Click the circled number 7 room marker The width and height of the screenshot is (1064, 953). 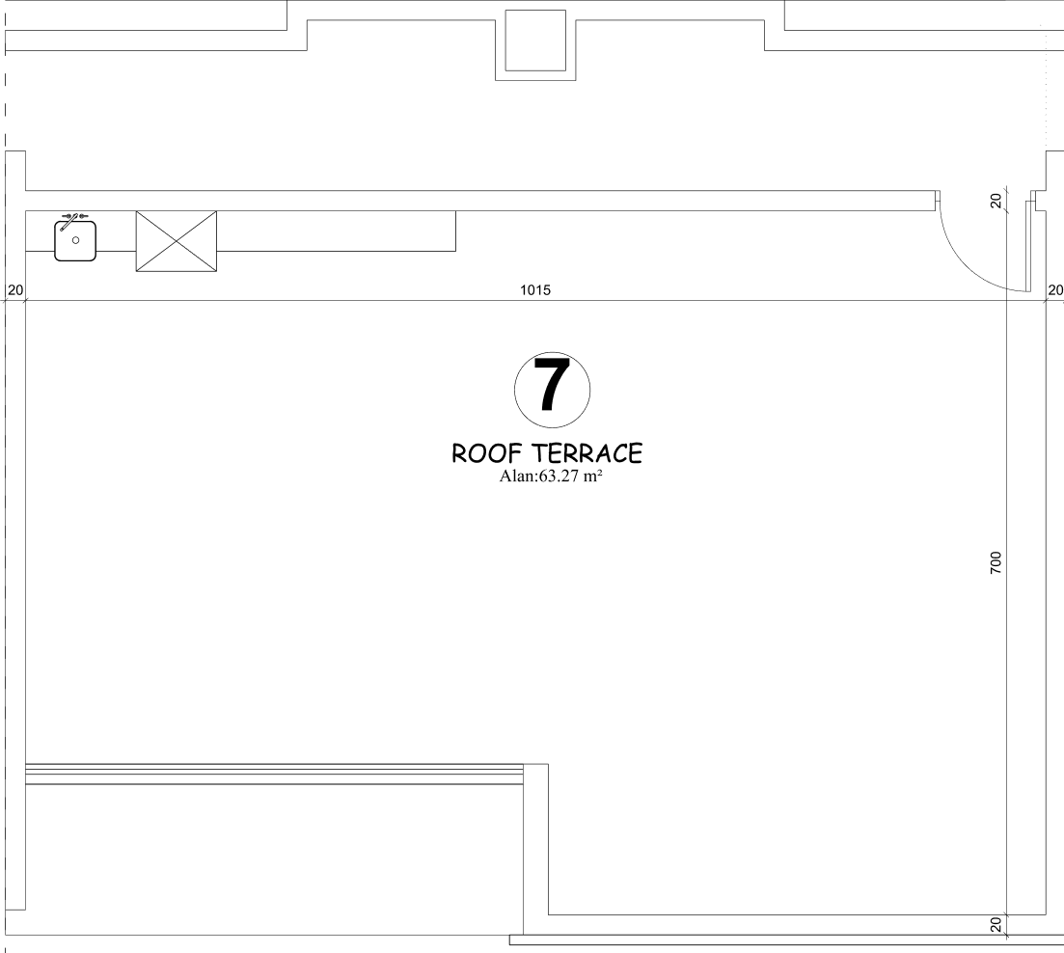click(552, 390)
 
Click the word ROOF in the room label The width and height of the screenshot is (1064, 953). click(481, 453)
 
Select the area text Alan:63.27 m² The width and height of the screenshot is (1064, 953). click(551, 476)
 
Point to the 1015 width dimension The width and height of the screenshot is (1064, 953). click(535, 290)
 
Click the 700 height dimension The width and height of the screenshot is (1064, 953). click(996, 563)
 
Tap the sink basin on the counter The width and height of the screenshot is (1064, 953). click(75, 240)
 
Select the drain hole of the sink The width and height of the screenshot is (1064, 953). click(75, 240)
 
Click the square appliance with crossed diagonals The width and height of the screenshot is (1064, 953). click(177, 241)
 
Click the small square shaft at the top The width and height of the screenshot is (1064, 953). click(535, 40)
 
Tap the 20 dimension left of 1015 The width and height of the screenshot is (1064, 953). click(14, 290)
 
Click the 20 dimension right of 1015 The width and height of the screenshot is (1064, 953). click(1055, 290)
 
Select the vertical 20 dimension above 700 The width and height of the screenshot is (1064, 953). click(996, 201)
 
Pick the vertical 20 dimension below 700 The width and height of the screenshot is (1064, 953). click(996, 924)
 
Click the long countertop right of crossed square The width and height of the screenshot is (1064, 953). click(337, 231)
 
